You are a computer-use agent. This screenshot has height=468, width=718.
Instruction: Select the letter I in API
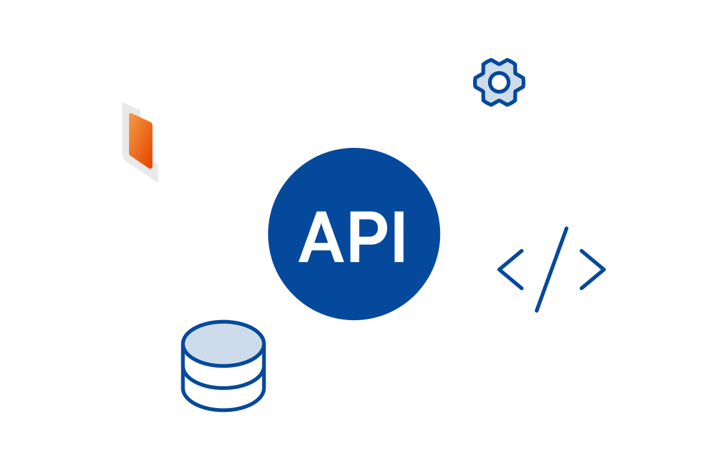[x=399, y=238]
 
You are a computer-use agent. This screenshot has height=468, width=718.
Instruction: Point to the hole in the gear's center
[x=499, y=82]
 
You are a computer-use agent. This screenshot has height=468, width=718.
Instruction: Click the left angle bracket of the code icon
[x=510, y=270]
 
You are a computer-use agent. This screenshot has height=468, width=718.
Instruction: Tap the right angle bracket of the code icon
[x=593, y=270]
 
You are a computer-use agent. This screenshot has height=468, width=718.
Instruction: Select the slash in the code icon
[x=552, y=269]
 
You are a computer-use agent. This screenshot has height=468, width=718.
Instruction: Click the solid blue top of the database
[x=223, y=343]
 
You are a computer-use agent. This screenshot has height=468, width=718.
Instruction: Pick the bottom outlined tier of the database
[x=223, y=398]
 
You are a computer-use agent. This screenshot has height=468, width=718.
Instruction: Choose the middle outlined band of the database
[x=223, y=378]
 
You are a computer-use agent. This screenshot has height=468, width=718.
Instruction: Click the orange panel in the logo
[x=141, y=140]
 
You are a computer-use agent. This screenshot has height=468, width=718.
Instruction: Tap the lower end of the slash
[x=537, y=308]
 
